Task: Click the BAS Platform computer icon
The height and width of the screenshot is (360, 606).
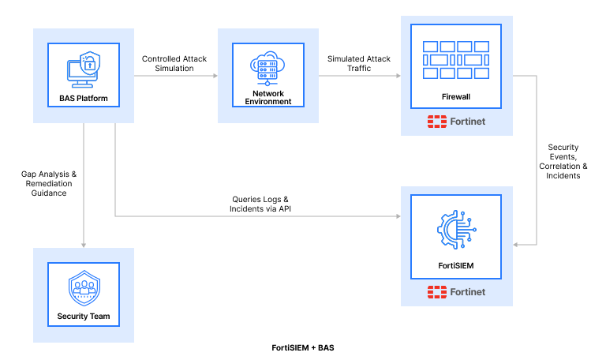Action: pos(83,70)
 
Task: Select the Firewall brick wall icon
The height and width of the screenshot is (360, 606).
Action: pos(456,59)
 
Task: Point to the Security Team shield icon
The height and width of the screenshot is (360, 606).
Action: pos(83,287)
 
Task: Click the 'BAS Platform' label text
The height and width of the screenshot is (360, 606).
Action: pos(83,99)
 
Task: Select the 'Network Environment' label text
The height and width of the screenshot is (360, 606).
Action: pos(267,97)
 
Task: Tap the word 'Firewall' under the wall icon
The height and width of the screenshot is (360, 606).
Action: pos(456,96)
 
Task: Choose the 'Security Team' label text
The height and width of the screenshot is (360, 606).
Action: pos(83,317)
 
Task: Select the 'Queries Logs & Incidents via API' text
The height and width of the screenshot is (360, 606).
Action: pos(259,204)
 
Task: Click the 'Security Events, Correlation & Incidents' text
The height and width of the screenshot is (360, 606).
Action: pos(563,161)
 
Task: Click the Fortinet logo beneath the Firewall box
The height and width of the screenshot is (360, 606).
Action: pos(456,122)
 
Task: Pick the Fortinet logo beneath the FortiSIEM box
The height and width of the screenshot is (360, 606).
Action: pos(456,291)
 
